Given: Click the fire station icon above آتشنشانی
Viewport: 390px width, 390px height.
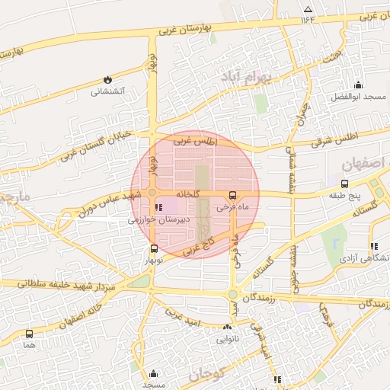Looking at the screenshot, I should click(x=108, y=79).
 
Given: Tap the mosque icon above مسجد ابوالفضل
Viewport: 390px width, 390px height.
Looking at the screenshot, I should click(x=358, y=85).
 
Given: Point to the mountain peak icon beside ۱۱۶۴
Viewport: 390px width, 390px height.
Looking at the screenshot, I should click(x=308, y=10).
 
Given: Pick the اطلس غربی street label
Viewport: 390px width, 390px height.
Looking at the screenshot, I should click(x=196, y=142).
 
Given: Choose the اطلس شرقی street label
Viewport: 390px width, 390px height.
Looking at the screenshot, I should click(x=334, y=140).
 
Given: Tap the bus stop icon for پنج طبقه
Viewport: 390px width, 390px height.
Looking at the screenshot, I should click(x=344, y=184).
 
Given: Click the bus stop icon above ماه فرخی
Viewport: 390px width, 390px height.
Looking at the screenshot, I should click(x=232, y=195).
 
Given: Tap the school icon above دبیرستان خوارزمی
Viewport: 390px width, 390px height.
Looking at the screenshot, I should click(x=158, y=207).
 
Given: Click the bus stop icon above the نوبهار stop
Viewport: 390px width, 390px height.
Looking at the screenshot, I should click(x=155, y=248).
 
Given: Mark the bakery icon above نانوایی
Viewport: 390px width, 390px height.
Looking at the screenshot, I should click(x=227, y=327).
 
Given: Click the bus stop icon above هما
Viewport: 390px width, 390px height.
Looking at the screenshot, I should click(x=29, y=334).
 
